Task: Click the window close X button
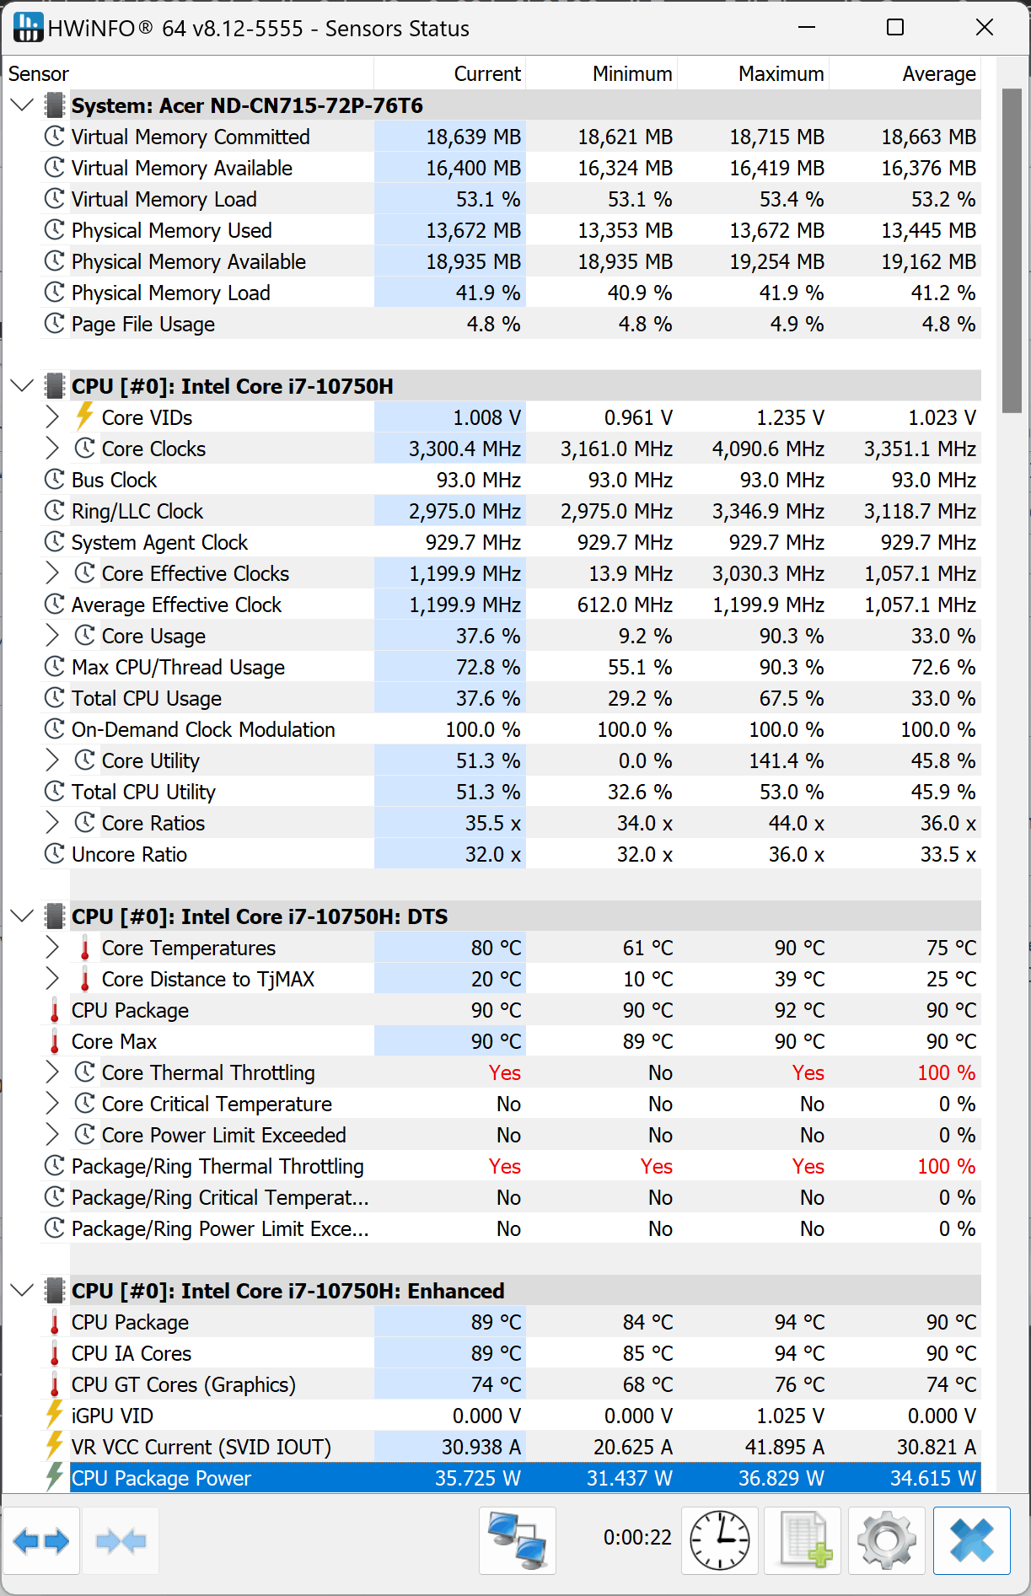click(x=984, y=28)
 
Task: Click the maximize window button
click(x=895, y=28)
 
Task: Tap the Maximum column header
click(x=781, y=74)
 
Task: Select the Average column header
click(x=938, y=74)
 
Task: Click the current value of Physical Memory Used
click(x=473, y=230)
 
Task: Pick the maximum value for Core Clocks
click(x=768, y=449)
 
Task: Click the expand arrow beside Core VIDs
click(x=52, y=417)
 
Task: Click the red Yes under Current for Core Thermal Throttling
click(x=504, y=1072)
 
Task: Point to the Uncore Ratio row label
click(x=129, y=854)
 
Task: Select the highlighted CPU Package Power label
click(x=161, y=1478)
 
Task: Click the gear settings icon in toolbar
click(x=886, y=1540)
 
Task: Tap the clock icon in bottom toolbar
click(x=719, y=1540)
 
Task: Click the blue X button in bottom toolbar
click(x=971, y=1540)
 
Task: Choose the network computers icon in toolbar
click(x=518, y=1540)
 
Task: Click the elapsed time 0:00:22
click(x=637, y=1538)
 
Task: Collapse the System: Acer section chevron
click(x=23, y=105)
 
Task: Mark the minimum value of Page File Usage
click(x=645, y=324)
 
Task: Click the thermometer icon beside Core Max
click(x=55, y=1042)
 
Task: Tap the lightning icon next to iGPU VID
click(x=55, y=1416)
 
